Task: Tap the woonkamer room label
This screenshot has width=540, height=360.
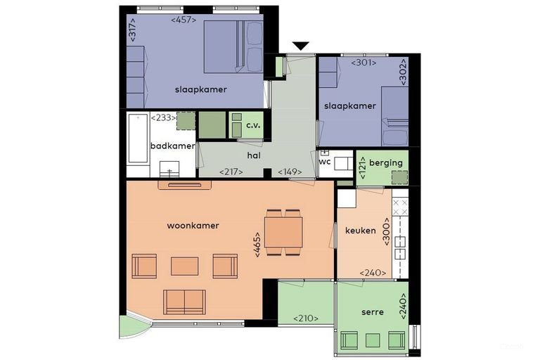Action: coord(193,226)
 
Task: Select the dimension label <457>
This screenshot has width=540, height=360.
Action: coord(184,20)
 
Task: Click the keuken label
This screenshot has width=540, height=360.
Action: coord(361,230)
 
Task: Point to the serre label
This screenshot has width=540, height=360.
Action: coord(373,312)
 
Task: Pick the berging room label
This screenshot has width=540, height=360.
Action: coord(386,163)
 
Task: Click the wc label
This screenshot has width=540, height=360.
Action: coord(325,162)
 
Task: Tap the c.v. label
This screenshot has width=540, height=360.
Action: coord(253,125)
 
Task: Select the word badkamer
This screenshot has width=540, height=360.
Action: coord(173,146)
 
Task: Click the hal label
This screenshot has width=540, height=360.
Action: coord(254,155)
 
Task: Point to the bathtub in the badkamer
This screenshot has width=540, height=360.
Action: coord(138,139)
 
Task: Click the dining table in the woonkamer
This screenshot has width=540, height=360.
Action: coord(283,232)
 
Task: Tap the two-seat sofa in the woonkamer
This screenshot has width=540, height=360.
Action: coord(185,302)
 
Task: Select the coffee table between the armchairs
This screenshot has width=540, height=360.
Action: coord(185,266)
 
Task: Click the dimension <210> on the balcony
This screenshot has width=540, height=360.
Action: coord(306,319)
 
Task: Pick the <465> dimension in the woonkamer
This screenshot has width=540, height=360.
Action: coord(257,245)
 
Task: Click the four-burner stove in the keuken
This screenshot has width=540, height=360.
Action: coord(400,207)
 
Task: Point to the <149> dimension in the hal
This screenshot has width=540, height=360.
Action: coord(290,172)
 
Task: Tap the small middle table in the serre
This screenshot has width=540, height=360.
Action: coord(373,340)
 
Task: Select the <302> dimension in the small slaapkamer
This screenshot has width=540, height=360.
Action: coord(403,72)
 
